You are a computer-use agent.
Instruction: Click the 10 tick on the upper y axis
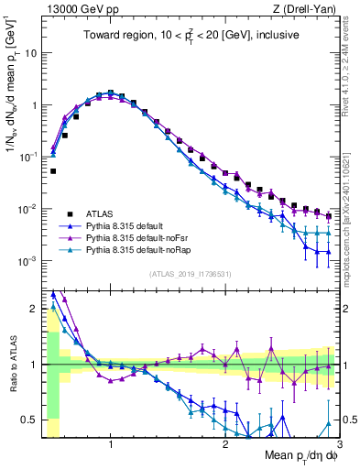pyautogui.click(x=34, y=53)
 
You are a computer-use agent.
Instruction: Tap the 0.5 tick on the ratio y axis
pyautogui.click(x=31, y=420)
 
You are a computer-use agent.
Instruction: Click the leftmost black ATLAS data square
pyautogui.click(x=53, y=171)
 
